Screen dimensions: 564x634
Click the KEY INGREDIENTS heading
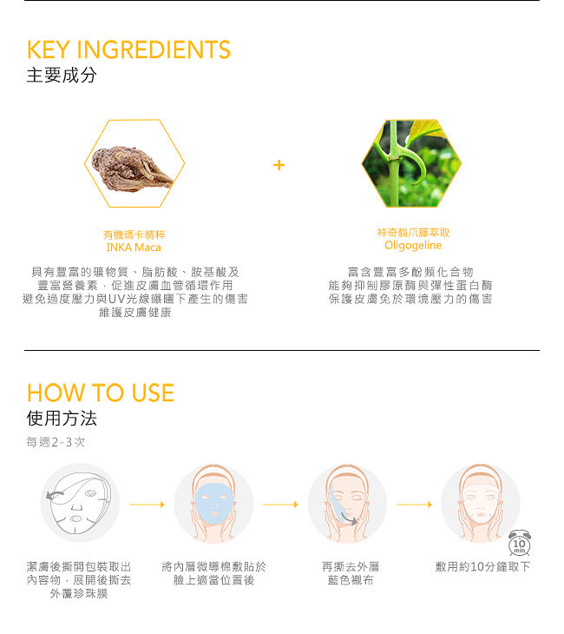[x=128, y=50]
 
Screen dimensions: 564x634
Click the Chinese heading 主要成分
[x=62, y=76]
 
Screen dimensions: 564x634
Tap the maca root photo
[x=132, y=168]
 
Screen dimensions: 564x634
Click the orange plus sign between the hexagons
[x=279, y=165]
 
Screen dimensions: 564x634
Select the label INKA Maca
[x=134, y=248]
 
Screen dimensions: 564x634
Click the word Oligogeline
[x=413, y=246]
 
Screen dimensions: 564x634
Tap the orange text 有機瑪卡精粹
[x=134, y=234]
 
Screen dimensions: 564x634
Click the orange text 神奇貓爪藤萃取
[x=413, y=233]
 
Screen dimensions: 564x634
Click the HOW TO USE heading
[x=101, y=393]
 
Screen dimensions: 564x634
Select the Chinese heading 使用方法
[x=62, y=418]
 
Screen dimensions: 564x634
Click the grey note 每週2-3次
[x=56, y=442]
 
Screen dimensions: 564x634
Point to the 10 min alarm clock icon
[x=519, y=543]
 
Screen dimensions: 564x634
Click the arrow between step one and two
[x=147, y=505]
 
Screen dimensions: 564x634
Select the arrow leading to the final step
[x=414, y=505]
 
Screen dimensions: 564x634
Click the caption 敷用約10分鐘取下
[x=482, y=566]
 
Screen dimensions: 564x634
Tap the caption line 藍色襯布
[x=351, y=580]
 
